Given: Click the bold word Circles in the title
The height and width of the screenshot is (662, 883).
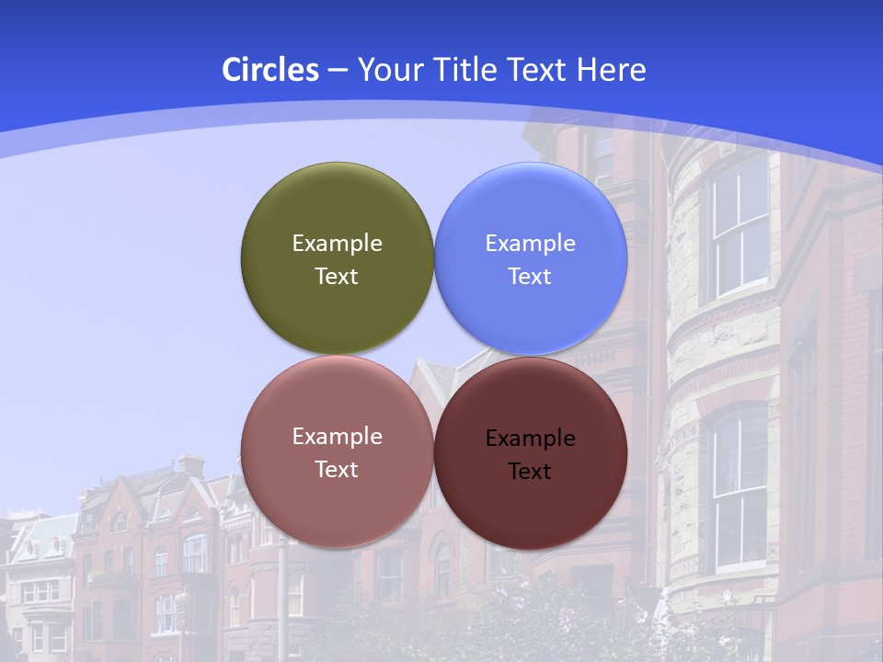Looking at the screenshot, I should [269, 70].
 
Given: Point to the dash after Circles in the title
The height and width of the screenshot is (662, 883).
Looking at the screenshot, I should [337, 71].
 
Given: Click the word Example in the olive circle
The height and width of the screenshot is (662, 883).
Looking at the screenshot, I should [337, 244].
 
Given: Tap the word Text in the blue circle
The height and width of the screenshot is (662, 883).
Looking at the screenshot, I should [530, 277].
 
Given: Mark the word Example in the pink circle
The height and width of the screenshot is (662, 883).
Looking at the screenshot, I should [337, 437].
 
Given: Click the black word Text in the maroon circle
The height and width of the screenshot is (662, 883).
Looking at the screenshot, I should [530, 472].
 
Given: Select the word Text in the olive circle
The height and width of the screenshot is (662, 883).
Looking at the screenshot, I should [337, 277].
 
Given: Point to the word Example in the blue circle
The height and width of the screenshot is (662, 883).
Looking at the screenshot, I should [530, 244].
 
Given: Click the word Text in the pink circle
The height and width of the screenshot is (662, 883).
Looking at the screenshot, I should [337, 470].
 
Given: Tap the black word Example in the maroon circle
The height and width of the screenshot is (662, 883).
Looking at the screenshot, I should [530, 439].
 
